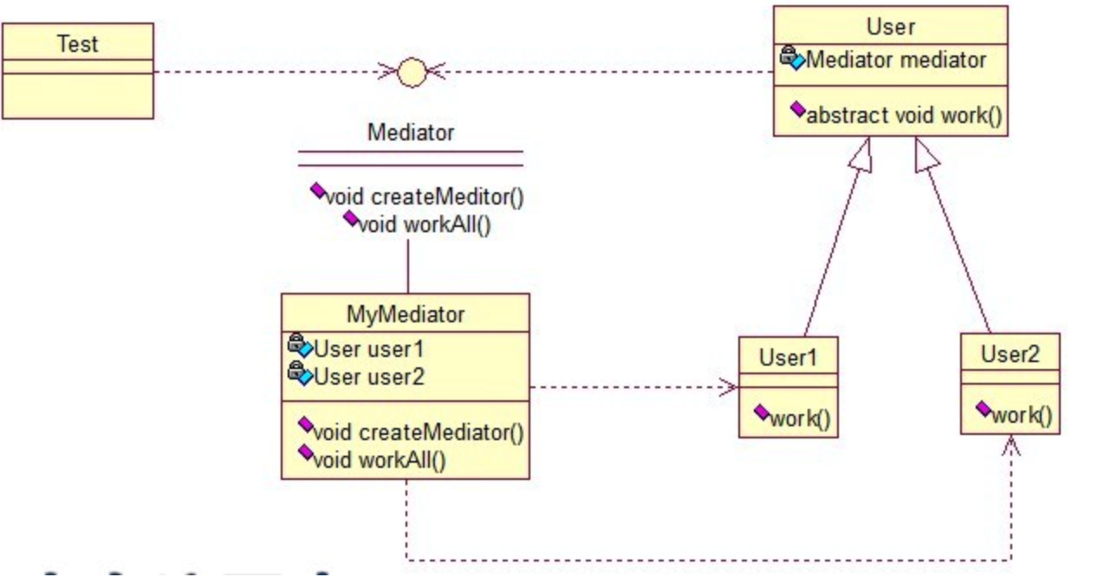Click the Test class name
point(78,44)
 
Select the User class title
point(891,27)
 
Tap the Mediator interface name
point(411,132)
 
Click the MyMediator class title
point(406,314)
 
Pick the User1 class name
point(788,357)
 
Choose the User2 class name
point(1010,353)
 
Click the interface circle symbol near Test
point(412,73)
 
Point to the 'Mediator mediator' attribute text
point(896,60)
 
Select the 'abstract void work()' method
point(905,115)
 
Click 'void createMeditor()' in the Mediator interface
point(425,197)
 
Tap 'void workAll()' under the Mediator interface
point(425,224)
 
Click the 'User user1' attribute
point(368,349)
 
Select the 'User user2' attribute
point(368,377)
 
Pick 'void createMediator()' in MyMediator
point(419,432)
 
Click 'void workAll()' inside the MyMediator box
point(380,460)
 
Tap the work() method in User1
point(800,418)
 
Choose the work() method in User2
point(1022,415)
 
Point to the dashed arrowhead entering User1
point(729,387)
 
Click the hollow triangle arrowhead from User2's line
point(925,155)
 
